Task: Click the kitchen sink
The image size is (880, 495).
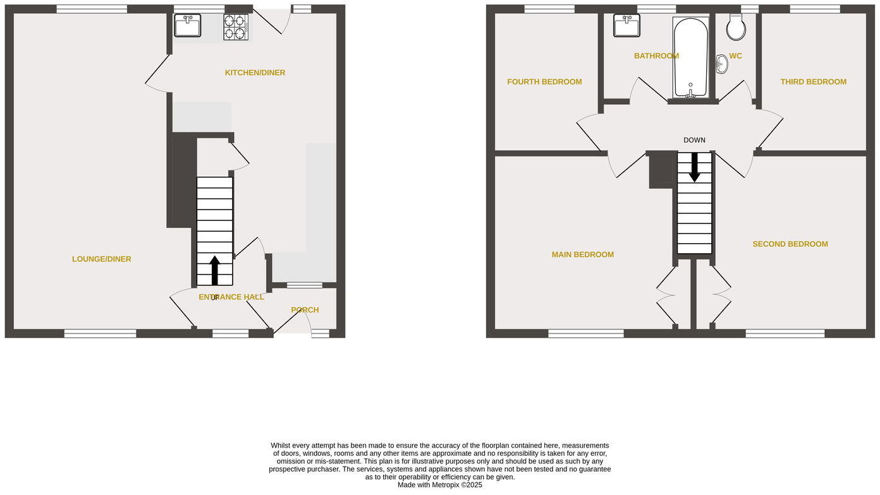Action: click(x=187, y=25)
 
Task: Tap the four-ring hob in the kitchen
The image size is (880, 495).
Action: click(x=235, y=27)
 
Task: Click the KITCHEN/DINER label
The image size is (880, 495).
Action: click(x=255, y=73)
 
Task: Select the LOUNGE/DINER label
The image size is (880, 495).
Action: click(x=102, y=259)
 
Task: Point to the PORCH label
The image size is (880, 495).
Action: click(x=305, y=310)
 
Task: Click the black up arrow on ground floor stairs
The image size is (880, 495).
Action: click(x=215, y=270)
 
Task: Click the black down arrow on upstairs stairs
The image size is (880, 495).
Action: click(x=694, y=167)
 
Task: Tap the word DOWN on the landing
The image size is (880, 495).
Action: click(x=694, y=140)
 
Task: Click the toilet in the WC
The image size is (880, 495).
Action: click(x=736, y=27)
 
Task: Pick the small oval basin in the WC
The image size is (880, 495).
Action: click(x=721, y=64)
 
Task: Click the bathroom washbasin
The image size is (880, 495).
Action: click(x=626, y=26)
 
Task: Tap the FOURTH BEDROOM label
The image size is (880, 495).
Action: click(x=544, y=82)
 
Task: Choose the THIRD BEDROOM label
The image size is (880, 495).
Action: click(x=813, y=82)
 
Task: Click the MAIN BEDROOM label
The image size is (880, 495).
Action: click(x=582, y=254)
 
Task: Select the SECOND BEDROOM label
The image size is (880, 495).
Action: click(x=790, y=244)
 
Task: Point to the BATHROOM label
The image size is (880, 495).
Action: click(x=656, y=56)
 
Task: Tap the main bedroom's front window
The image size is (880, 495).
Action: click(x=586, y=333)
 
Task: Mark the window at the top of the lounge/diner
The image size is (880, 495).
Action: click(x=91, y=9)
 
